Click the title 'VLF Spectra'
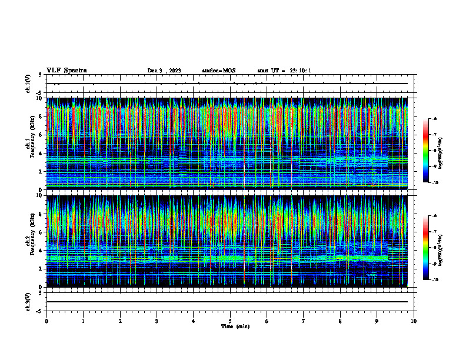tap(66, 70)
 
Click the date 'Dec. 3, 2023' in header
tap(164, 71)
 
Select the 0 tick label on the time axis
tap(46, 321)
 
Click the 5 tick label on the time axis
tap(230, 321)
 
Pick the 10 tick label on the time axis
tap(414, 321)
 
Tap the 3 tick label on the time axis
tap(157, 321)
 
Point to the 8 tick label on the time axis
tap(340, 321)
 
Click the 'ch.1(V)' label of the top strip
tap(28, 84)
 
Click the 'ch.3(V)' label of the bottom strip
tap(28, 301)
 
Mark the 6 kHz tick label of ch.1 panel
tap(41, 135)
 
